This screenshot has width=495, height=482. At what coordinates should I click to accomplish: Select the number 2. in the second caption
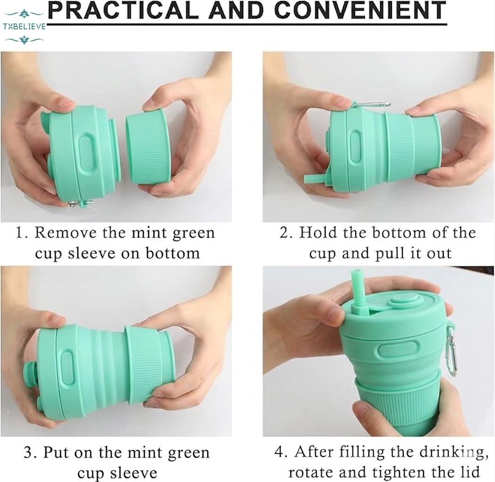click(x=287, y=233)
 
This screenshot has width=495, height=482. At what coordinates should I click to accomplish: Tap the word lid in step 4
click(x=470, y=472)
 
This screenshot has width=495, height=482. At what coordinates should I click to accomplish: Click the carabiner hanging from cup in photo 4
click(x=451, y=348)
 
